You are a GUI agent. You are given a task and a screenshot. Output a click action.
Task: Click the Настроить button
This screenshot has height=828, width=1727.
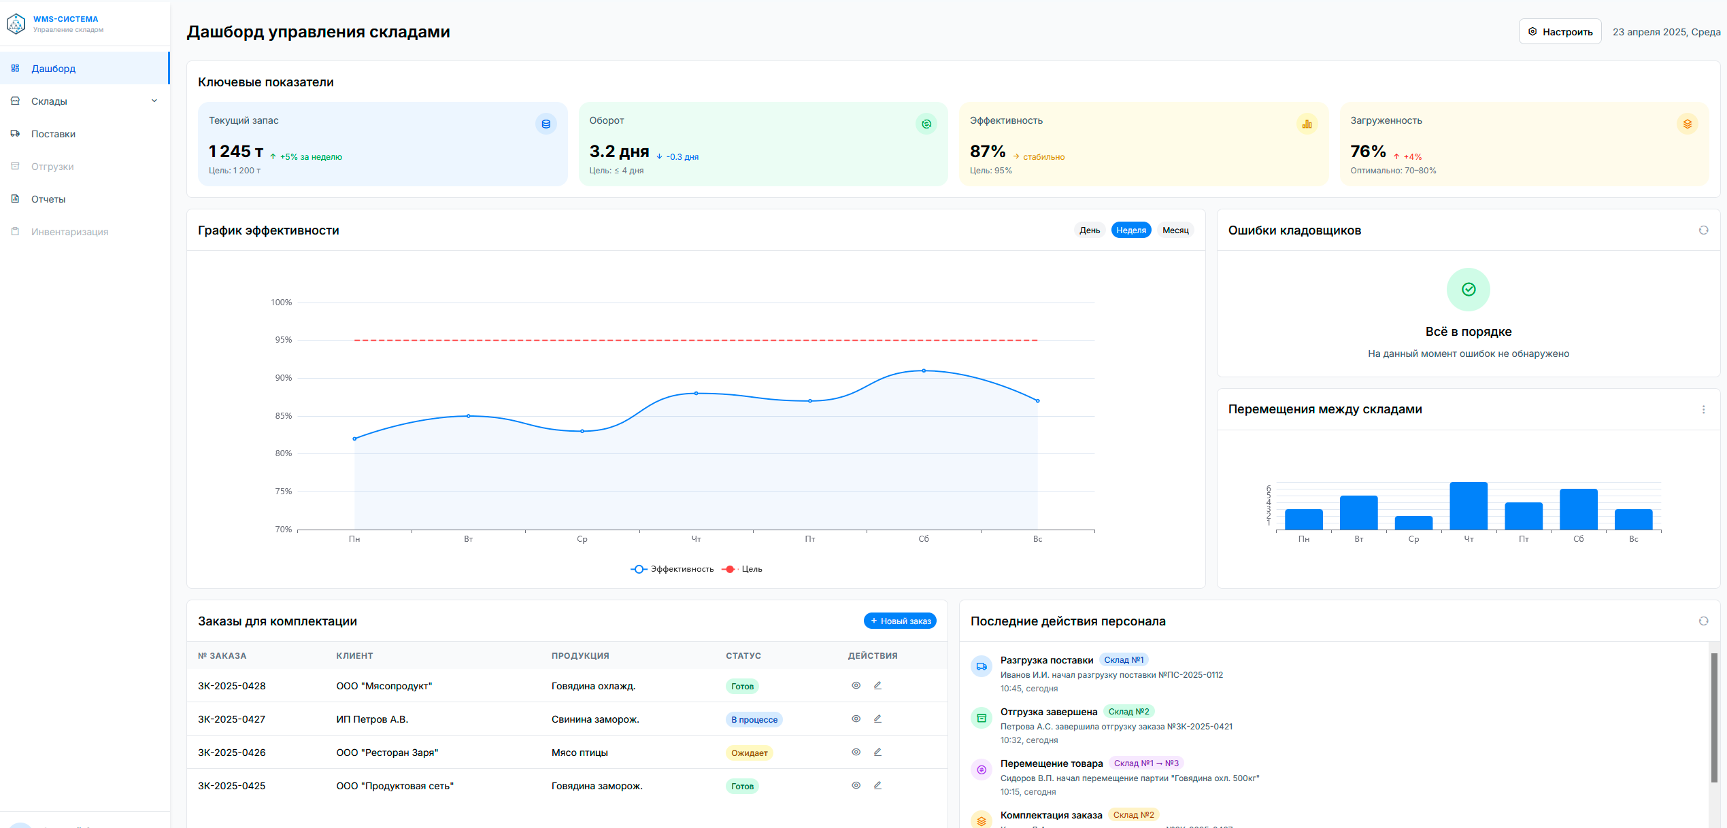coord(1560,32)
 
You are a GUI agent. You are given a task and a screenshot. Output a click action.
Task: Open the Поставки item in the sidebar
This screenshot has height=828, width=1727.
coord(53,134)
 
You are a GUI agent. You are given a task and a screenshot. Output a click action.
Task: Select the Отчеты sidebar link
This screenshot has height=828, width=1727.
coord(48,199)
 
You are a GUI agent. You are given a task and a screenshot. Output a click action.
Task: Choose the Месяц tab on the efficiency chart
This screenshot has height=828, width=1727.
coord(1175,230)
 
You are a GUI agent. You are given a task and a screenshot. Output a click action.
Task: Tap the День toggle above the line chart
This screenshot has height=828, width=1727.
coord(1090,230)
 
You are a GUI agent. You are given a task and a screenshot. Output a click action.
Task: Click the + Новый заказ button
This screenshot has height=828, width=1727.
coord(900,621)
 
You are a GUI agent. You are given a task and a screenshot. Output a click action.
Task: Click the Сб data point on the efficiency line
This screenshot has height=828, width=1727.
coord(924,370)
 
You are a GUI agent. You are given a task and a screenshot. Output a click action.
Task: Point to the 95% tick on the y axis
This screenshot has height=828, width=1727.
coord(283,340)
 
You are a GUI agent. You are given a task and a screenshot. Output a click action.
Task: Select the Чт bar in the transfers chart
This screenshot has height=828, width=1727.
coord(1469,506)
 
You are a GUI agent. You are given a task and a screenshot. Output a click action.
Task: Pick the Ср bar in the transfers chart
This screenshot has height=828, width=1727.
coord(1413,523)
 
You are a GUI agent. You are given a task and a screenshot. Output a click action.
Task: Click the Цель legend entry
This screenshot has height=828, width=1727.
coord(743,569)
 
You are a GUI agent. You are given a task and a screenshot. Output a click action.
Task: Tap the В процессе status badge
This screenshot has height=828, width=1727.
coord(754,720)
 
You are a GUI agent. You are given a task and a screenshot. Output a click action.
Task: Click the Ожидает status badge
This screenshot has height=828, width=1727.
coord(750,753)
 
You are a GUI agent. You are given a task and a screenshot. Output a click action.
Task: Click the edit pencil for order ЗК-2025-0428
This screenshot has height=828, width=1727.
coord(877,685)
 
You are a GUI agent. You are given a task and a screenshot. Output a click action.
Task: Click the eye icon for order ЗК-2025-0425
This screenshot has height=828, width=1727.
coord(856,785)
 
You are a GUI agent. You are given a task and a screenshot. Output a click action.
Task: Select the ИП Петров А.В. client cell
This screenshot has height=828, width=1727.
coord(372,719)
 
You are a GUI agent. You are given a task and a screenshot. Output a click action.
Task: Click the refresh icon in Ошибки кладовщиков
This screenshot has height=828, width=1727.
coord(1703,230)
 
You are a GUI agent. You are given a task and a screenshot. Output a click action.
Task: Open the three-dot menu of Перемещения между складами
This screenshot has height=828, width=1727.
coord(1703,409)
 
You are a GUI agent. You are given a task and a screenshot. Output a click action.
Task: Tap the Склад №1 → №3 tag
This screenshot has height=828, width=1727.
coord(1146,763)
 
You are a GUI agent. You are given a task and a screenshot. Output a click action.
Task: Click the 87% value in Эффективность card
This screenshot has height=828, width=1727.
coord(988,151)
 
